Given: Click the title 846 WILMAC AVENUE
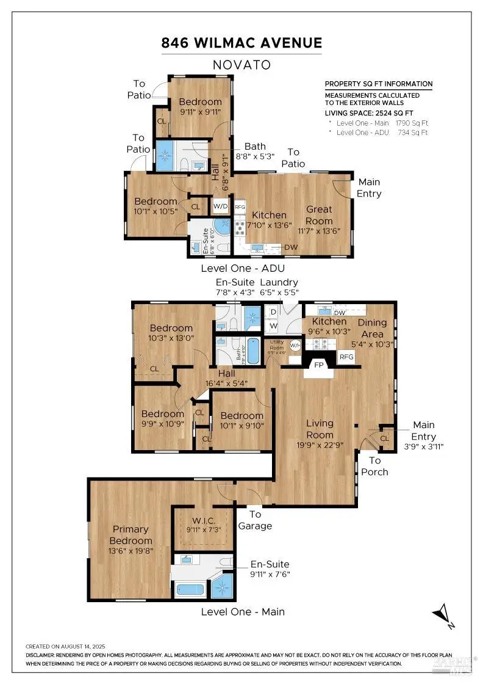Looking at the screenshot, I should click(x=241, y=43).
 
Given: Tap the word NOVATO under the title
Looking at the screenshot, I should click(x=241, y=64).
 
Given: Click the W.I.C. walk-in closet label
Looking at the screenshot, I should click(x=203, y=525).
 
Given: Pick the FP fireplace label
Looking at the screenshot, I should click(x=318, y=365).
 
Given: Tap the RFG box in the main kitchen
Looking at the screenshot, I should click(x=346, y=357).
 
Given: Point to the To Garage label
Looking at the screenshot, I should click(x=255, y=520).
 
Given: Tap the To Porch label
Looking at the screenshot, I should click(x=374, y=466).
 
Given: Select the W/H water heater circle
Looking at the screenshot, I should click(x=296, y=345).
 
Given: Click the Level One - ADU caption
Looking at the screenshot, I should click(x=243, y=268).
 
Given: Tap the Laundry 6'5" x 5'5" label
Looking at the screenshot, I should click(x=279, y=287).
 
